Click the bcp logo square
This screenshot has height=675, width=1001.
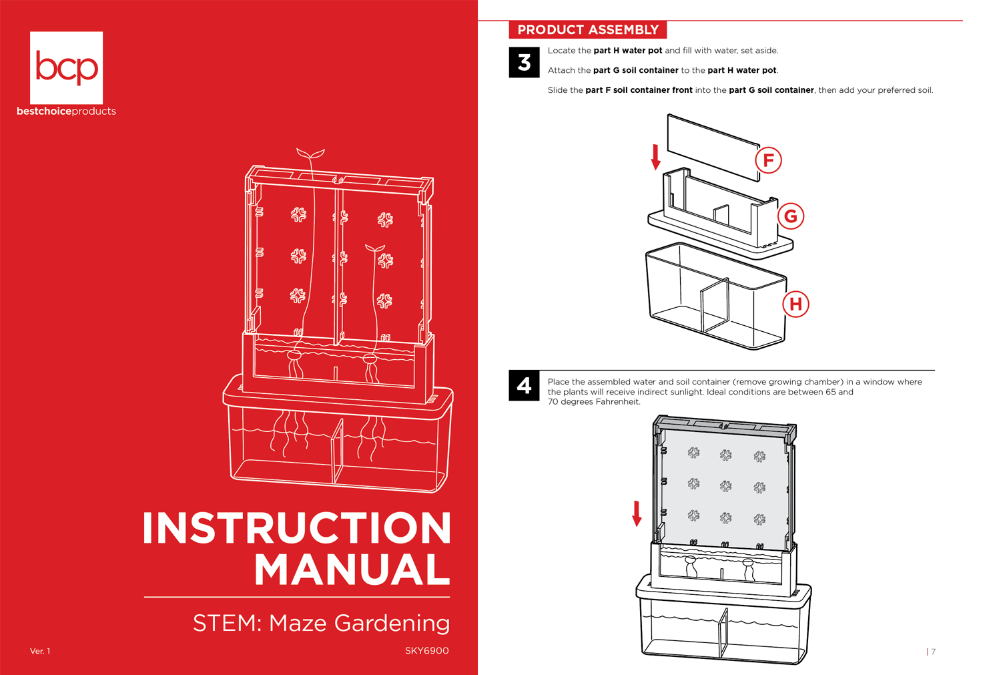pyautogui.click(x=66, y=67)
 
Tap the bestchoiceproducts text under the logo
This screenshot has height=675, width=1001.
pyautogui.click(x=66, y=111)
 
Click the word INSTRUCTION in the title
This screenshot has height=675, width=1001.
pyautogui.click(x=297, y=528)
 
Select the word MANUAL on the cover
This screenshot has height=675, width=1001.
pyautogui.click(x=352, y=570)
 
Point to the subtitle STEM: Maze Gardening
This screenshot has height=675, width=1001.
pyautogui.click(x=321, y=623)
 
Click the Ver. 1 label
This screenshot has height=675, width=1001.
pyautogui.click(x=40, y=651)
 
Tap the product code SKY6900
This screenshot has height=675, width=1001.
pyautogui.click(x=426, y=651)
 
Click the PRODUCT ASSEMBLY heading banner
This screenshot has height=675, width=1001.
pyautogui.click(x=587, y=30)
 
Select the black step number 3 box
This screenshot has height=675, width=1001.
pyautogui.click(x=524, y=63)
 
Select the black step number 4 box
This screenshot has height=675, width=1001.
pyautogui.click(x=524, y=386)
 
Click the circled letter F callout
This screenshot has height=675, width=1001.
pyautogui.click(x=768, y=160)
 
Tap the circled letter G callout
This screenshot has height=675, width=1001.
pyautogui.click(x=791, y=216)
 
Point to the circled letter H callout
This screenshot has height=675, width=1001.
pyautogui.click(x=795, y=304)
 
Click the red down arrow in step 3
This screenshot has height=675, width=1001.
pyautogui.click(x=656, y=157)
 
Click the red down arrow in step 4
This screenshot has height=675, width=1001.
pyautogui.click(x=637, y=513)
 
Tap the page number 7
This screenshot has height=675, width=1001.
pyautogui.click(x=933, y=652)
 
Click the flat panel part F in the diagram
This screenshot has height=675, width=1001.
pyautogui.click(x=713, y=146)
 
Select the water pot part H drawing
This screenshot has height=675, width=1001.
pyautogui.click(x=714, y=300)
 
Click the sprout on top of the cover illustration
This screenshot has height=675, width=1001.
pyautogui.click(x=310, y=155)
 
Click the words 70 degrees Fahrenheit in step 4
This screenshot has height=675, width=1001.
pyautogui.click(x=594, y=402)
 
